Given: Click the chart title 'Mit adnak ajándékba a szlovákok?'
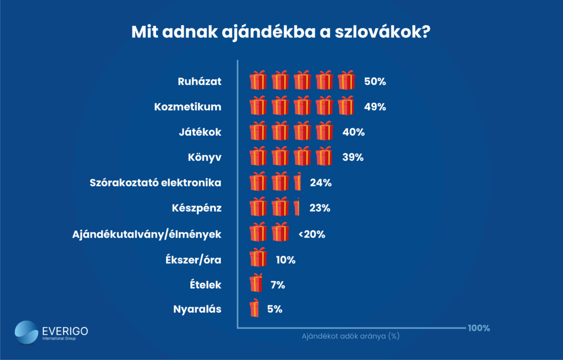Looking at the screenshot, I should coord(280,31).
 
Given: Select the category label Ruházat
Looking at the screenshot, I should coord(199,81).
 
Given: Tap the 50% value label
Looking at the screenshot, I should coord(375,81).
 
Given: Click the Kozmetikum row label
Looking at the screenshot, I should coord(187,107).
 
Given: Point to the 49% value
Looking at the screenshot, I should coord(375,107).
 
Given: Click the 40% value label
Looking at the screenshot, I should coord(353,132).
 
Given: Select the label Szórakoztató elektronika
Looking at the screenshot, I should coord(156,182).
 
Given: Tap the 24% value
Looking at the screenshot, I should coord(321,182).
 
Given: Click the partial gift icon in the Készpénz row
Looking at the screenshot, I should coord(297,207).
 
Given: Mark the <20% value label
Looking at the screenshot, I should coord(312,234).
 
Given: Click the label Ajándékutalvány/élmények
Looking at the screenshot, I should coord(147,234).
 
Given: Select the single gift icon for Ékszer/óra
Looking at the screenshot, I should coord(258,258).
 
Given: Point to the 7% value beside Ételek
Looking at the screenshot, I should coord(278,284).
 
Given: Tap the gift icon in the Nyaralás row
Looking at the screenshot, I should coord(254,309).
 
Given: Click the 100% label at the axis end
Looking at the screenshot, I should coord(479,328).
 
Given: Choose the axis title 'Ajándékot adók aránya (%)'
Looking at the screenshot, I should coord(350,336).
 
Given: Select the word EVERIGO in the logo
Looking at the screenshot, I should coord(64,331).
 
